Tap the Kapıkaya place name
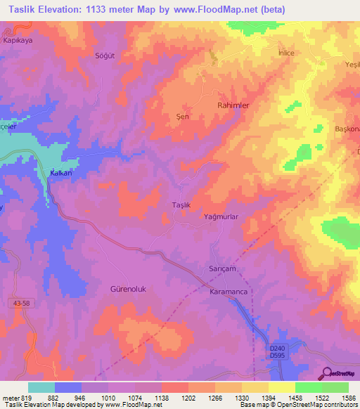(x=20, y=40)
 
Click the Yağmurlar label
(x=222, y=218)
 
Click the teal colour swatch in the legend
(x=41, y=387)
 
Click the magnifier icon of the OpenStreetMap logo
(x=326, y=372)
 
